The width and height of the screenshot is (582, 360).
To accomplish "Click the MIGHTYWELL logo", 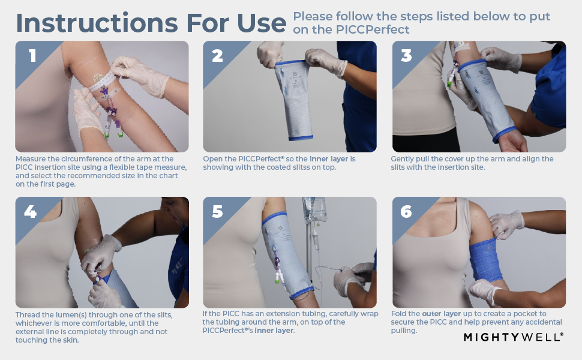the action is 514,337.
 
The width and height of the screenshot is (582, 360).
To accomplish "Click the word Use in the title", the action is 262,23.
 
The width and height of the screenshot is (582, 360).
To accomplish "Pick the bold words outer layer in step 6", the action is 442,314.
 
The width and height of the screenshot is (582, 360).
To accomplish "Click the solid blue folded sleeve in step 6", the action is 486,260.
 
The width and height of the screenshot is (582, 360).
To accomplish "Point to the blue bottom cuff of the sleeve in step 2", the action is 301,139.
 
